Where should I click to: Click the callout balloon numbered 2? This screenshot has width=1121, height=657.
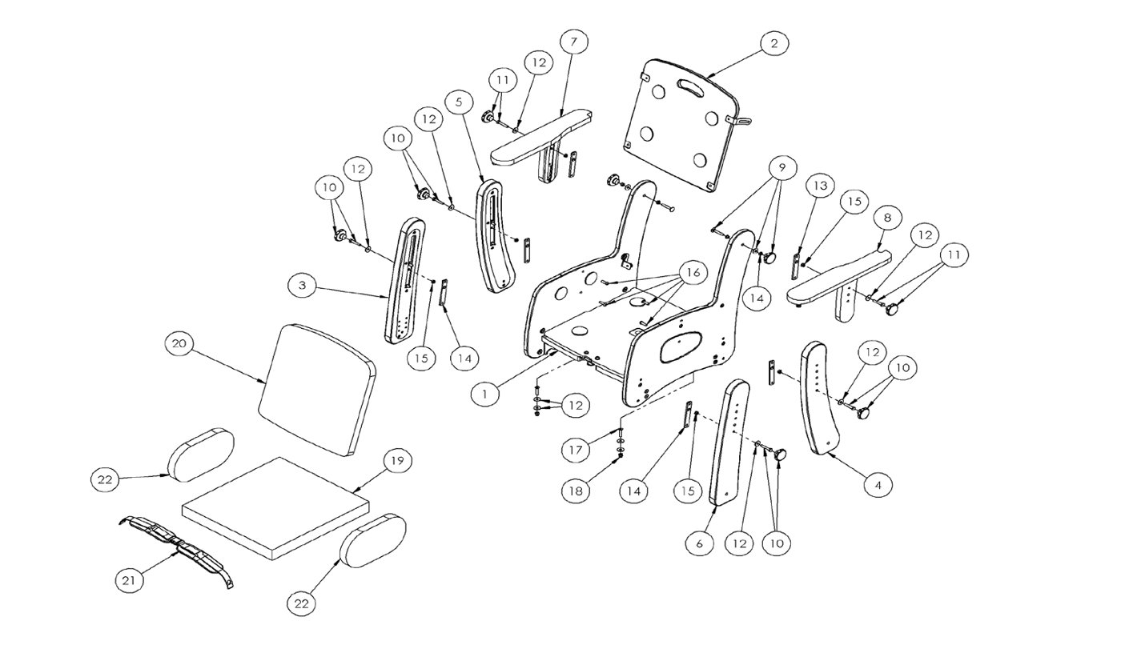774,43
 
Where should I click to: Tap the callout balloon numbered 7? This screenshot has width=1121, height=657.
573,42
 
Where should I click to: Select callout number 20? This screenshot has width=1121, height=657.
179,343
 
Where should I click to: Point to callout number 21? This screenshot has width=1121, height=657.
129,580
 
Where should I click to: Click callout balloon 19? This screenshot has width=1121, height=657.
397,460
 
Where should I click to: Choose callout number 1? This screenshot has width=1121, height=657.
484,394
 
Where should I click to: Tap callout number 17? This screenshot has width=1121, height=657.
576,450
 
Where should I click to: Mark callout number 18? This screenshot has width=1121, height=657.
576,491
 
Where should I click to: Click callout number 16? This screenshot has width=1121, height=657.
693,273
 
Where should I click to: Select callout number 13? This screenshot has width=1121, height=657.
820,186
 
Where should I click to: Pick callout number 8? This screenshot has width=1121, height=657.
887,218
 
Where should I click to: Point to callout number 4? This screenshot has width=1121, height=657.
878,484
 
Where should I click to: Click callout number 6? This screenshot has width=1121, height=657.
700,543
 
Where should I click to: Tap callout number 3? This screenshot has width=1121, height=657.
303,286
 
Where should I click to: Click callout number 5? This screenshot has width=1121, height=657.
459,102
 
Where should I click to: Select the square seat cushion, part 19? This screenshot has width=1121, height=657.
276,508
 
